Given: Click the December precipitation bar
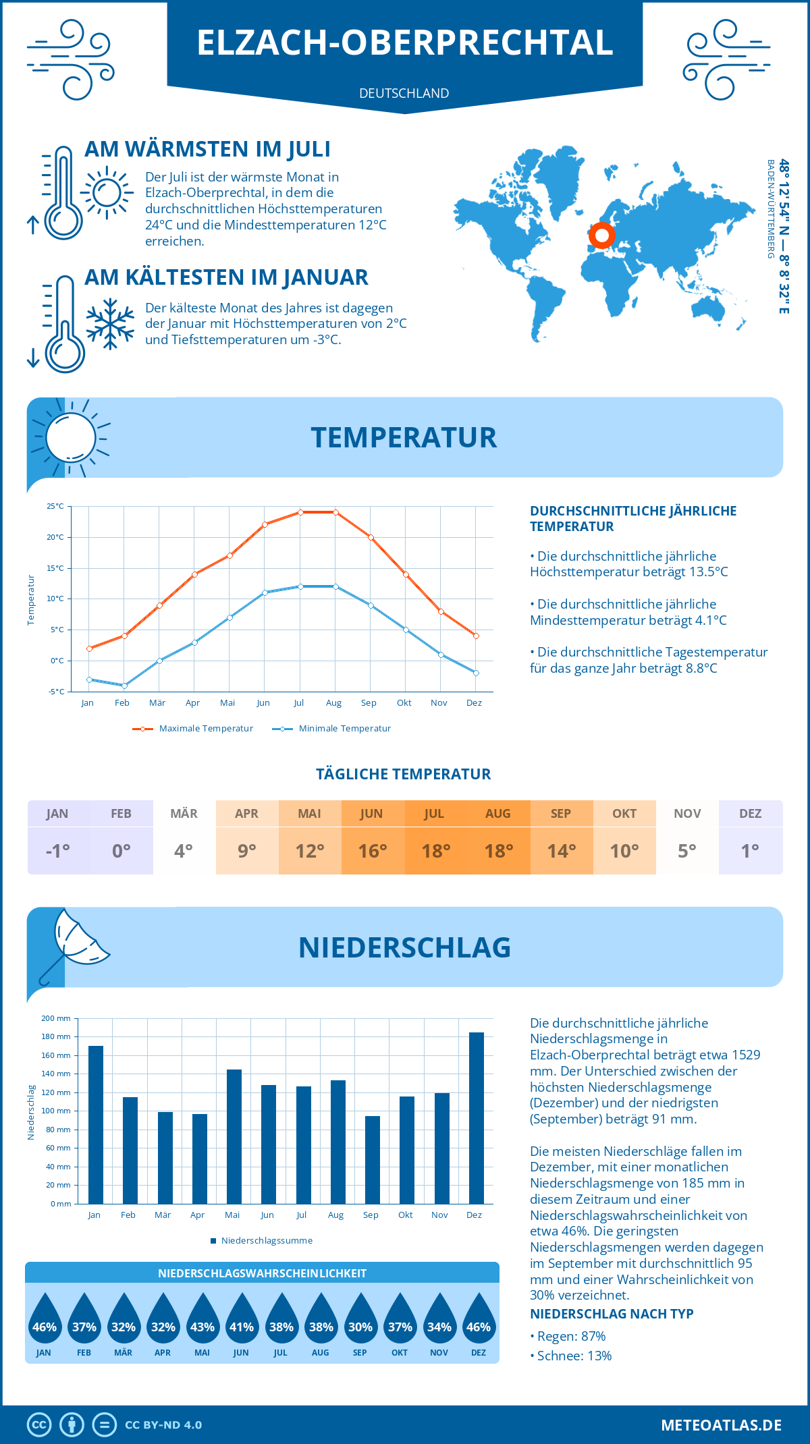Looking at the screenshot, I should [x=476, y=1118].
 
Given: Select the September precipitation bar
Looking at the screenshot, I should [x=372, y=1160].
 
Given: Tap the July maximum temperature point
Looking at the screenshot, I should [x=300, y=512].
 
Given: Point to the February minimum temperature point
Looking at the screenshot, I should [x=124, y=686].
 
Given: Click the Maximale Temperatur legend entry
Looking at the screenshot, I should [x=193, y=729].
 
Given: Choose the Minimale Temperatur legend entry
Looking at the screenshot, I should [x=332, y=729].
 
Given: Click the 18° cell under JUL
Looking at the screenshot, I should [x=435, y=851].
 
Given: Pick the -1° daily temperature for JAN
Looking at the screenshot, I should [x=57, y=851].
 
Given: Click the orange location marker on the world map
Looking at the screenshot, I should [x=601, y=236].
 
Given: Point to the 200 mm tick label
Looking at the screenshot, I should [x=57, y=1018].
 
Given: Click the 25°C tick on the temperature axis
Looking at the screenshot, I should [x=55, y=506].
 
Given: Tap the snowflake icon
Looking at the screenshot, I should [x=110, y=324].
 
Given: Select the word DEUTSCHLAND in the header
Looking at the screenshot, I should [x=404, y=93].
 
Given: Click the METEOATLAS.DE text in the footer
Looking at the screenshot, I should [x=721, y=1425].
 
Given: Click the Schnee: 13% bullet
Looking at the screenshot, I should [x=571, y=1356].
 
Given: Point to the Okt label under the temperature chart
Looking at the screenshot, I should [x=404, y=703].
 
